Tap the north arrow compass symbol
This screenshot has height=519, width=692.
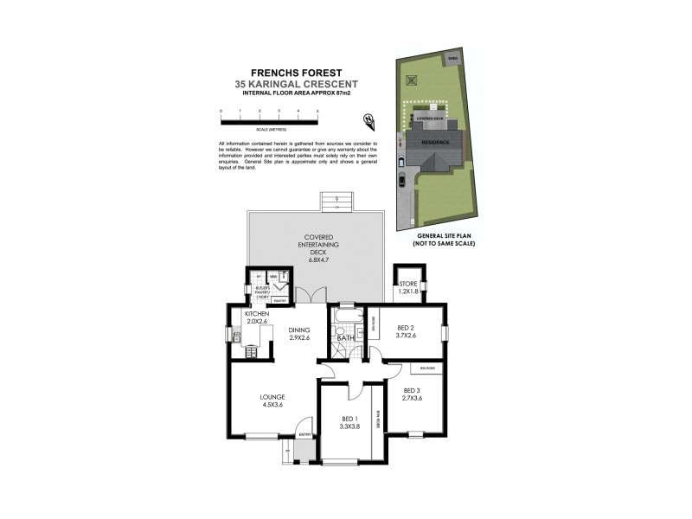[x=369, y=119]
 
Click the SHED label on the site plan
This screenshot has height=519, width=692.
[x=452, y=59]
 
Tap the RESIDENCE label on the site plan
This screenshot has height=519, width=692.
[x=435, y=140]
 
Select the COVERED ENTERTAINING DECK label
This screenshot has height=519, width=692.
[x=317, y=248]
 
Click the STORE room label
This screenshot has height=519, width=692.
[x=408, y=285]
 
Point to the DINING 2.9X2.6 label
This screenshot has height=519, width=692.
[x=299, y=334]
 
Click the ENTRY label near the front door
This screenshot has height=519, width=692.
[x=304, y=433]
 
